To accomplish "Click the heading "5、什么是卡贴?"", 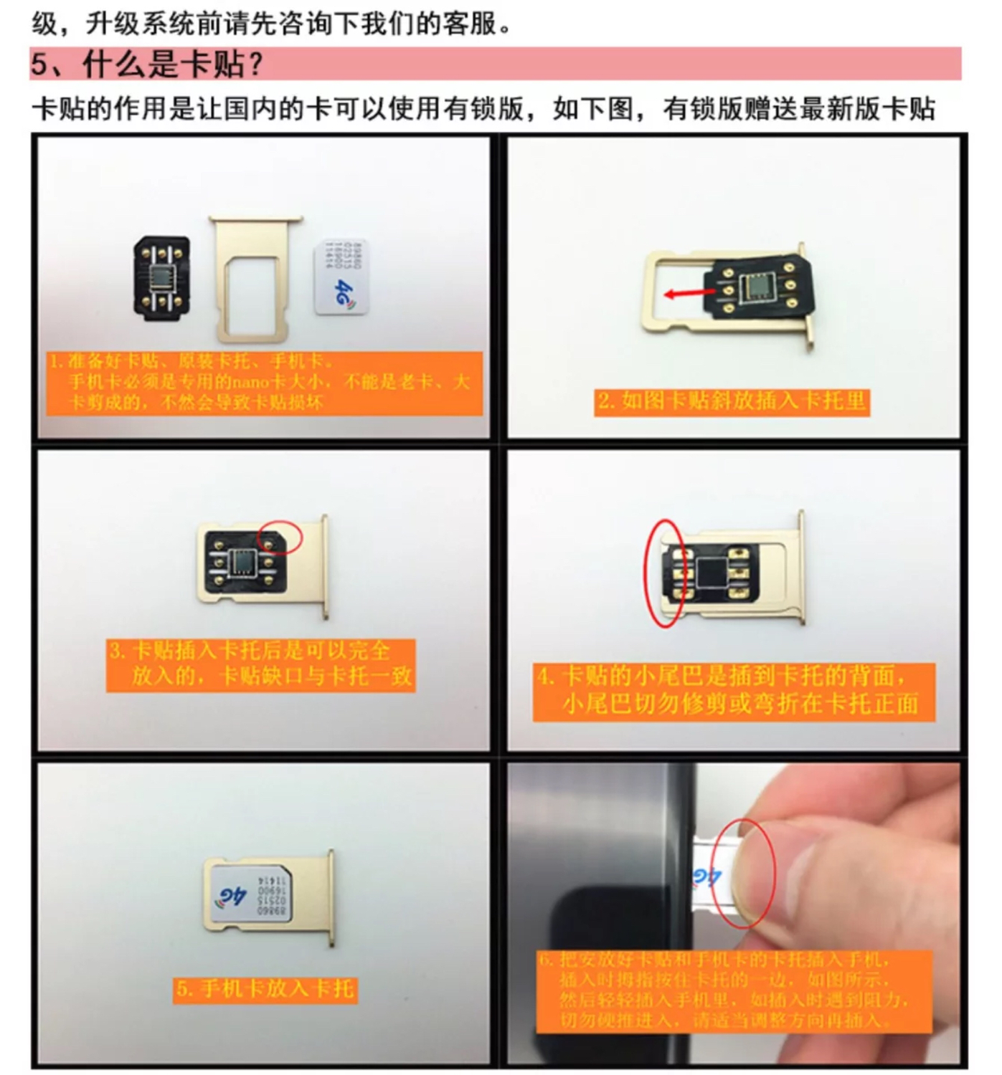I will [x=147, y=64].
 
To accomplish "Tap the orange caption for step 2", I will [x=732, y=401].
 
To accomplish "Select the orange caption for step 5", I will [x=265, y=989].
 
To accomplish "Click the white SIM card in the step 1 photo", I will [x=341, y=277].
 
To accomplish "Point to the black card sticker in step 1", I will [x=162, y=277].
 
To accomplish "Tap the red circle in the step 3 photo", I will [x=280, y=536].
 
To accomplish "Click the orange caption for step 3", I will [x=261, y=664].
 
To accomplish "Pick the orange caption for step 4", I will [x=733, y=690].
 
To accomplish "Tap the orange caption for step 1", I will [x=264, y=382].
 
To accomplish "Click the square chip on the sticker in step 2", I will [x=756, y=287].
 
